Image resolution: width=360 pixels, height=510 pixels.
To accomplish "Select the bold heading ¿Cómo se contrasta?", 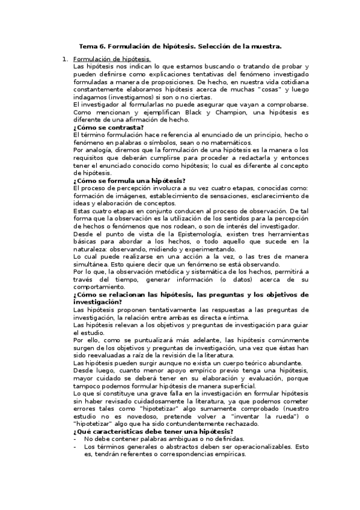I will [x=108, y=127].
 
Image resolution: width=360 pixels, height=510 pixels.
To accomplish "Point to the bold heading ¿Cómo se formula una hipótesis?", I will [x=129, y=180].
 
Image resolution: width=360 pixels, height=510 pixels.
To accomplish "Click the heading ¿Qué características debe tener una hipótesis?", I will [x=153, y=450].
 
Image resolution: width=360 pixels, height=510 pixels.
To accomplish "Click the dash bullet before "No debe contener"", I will [x=75, y=458].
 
